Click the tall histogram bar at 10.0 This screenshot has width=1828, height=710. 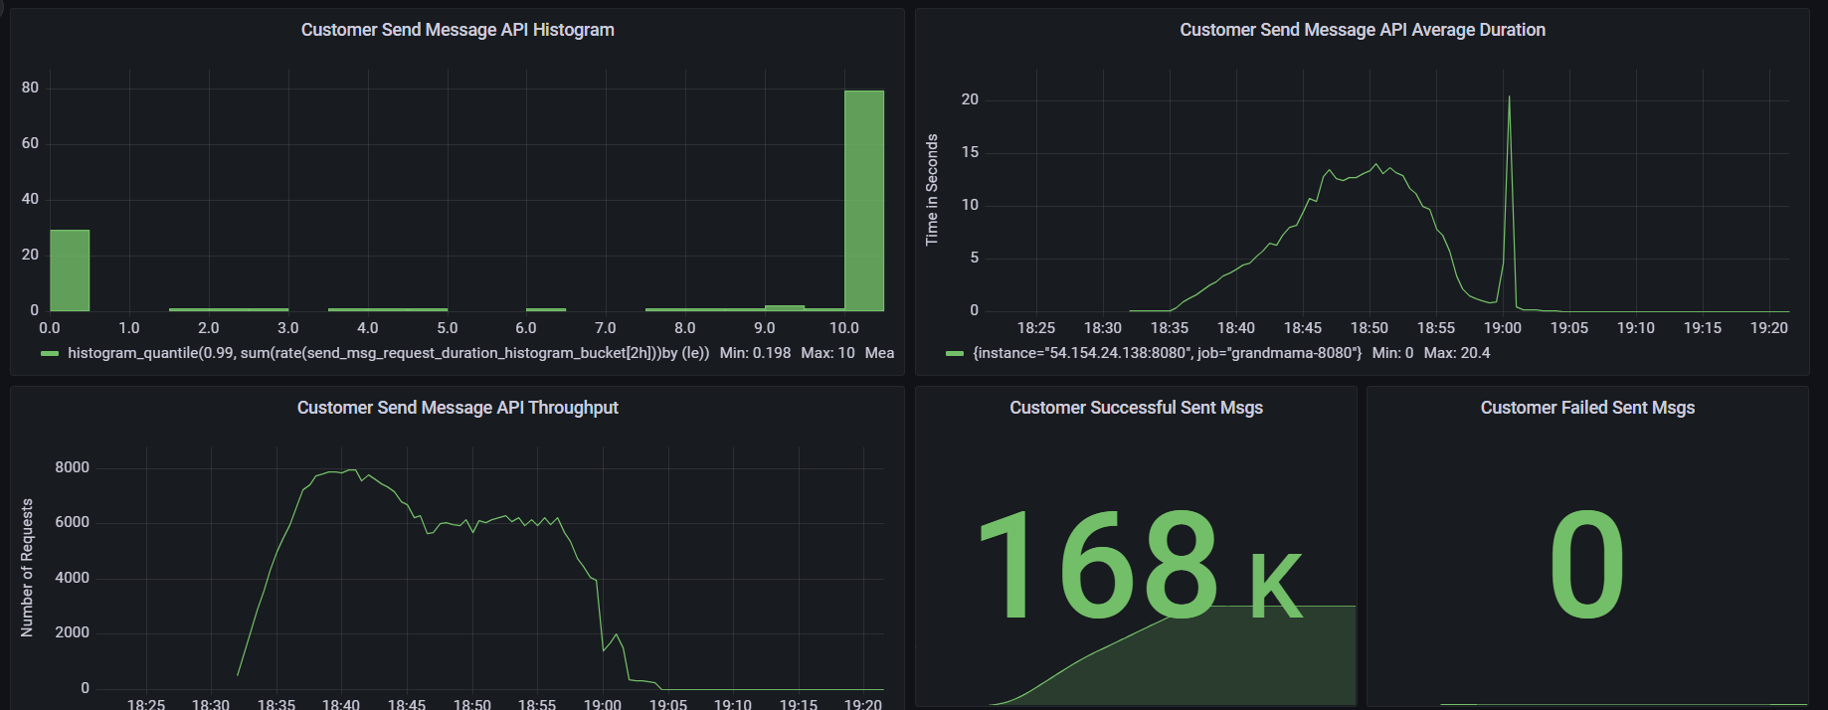tap(863, 199)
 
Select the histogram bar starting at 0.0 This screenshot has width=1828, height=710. tap(70, 270)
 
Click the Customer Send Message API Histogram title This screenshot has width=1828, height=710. tap(457, 30)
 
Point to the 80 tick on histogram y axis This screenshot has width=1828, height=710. tap(30, 88)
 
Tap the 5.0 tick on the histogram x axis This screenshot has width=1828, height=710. tap(448, 328)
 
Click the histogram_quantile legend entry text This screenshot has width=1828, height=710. tap(388, 353)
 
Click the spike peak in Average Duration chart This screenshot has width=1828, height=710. tap(1509, 97)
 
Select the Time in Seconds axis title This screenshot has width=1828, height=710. tap(932, 189)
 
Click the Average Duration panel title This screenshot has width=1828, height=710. tap(1363, 30)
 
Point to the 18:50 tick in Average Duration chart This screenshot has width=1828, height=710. tap(1370, 328)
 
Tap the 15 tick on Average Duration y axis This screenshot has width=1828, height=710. tap(970, 152)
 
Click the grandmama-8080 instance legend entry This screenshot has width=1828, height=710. tap(1167, 353)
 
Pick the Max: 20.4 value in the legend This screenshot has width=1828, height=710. tap(1457, 353)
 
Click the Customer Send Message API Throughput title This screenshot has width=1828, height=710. tap(457, 408)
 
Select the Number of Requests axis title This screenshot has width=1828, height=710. tap(27, 567)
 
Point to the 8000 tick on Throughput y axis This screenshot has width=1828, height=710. tap(72, 467)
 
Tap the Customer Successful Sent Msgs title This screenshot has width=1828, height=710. tap(1136, 408)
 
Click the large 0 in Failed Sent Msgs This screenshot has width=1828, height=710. tap(1586, 565)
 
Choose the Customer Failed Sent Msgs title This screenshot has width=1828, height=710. tap(1587, 408)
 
